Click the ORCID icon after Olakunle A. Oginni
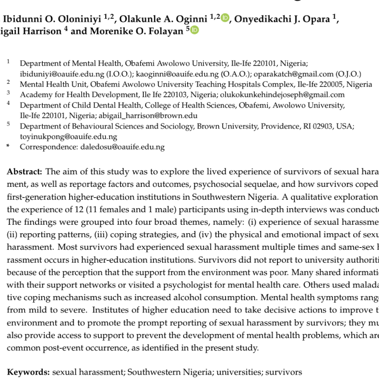(x=225, y=18)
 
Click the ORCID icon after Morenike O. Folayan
(x=194, y=31)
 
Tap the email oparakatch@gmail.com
(x=288, y=74)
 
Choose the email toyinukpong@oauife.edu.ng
(x=69, y=136)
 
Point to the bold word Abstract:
(x=25, y=172)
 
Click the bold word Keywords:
(x=28, y=372)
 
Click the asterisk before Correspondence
(x=8, y=147)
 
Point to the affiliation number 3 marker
(x=8, y=93)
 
